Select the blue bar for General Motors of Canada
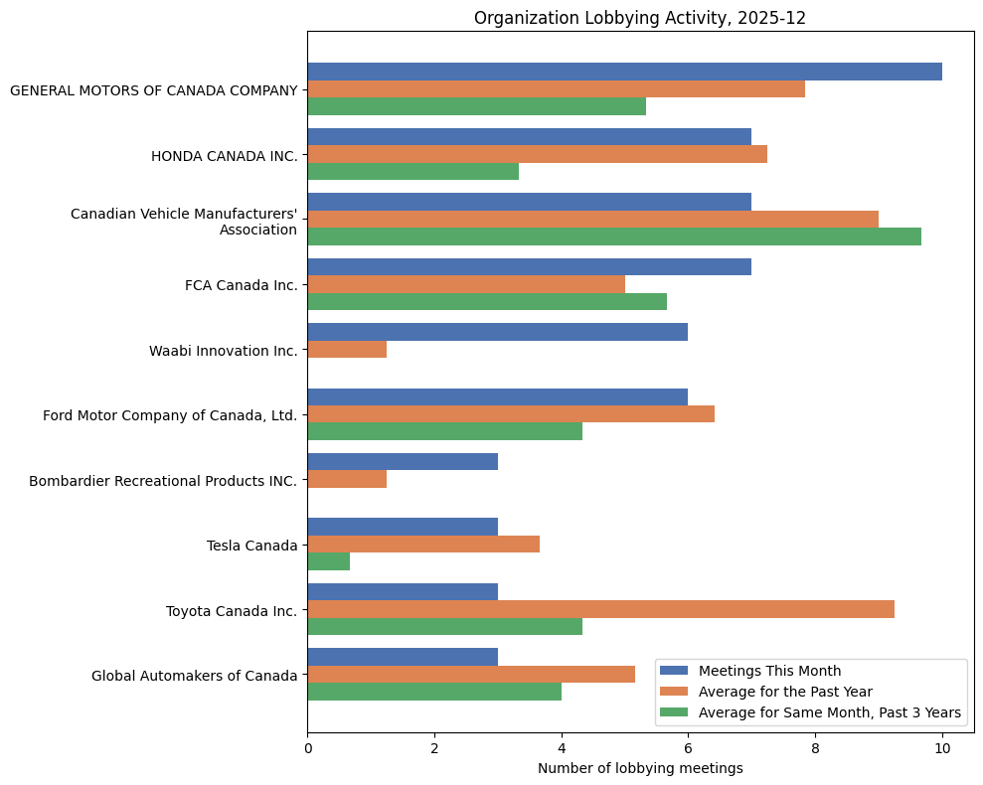click(624, 72)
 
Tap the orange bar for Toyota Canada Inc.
click(600, 609)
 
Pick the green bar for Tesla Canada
click(328, 561)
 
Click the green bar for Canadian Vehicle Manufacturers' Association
click(613, 236)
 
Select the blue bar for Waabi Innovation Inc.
click(497, 332)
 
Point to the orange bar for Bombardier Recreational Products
click(347, 480)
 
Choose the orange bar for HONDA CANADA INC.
click(537, 154)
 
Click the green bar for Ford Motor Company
click(444, 432)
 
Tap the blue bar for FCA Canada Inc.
click(529, 266)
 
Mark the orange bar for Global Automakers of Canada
click(471, 675)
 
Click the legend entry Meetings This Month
click(769, 671)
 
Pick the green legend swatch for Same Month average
click(675, 712)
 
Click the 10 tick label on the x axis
click(941, 747)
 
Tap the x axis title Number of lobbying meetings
click(640, 768)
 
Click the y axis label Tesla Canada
click(252, 546)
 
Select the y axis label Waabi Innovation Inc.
click(223, 351)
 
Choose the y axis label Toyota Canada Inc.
click(231, 610)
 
